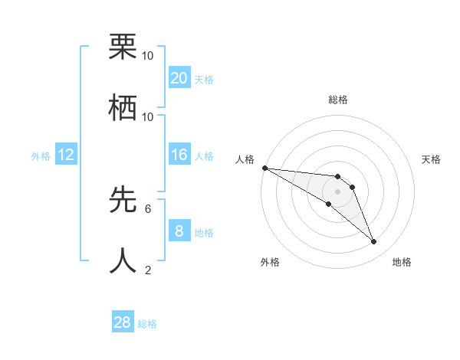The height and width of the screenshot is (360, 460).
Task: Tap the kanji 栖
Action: pyautogui.click(x=123, y=108)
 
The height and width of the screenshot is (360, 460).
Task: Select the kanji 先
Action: pyautogui.click(x=123, y=200)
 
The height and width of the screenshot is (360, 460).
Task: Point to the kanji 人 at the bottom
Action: pyautogui.click(x=123, y=260)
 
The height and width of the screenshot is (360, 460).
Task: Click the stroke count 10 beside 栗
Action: pyautogui.click(x=148, y=56)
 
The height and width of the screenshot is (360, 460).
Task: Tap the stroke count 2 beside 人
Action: pyautogui.click(x=148, y=270)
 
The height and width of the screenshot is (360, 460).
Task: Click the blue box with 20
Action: pyautogui.click(x=179, y=78)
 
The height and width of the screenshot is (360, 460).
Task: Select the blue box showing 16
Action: pyautogui.click(x=179, y=155)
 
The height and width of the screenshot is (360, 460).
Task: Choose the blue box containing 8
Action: pyautogui.click(x=179, y=231)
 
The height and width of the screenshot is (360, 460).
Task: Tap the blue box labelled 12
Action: pyautogui.click(x=67, y=155)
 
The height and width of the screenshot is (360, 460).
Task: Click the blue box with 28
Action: pyautogui.click(x=123, y=322)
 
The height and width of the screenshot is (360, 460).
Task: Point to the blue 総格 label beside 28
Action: pyautogui.click(x=147, y=324)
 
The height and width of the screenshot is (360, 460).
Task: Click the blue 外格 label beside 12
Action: pyautogui.click(x=41, y=156)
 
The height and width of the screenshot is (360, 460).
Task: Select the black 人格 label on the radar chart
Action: pyautogui.click(x=245, y=159)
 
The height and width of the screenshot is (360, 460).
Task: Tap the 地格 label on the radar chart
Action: pyautogui.click(x=402, y=262)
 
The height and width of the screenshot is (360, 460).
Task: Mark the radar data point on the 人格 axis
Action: pyautogui.click(x=264, y=168)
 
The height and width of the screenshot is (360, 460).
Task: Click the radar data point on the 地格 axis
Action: pyautogui.click(x=374, y=242)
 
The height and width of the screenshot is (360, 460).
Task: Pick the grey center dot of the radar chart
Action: pyautogui.click(x=337, y=191)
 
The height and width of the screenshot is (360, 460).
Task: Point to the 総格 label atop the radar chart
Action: pyautogui.click(x=337, y=100)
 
